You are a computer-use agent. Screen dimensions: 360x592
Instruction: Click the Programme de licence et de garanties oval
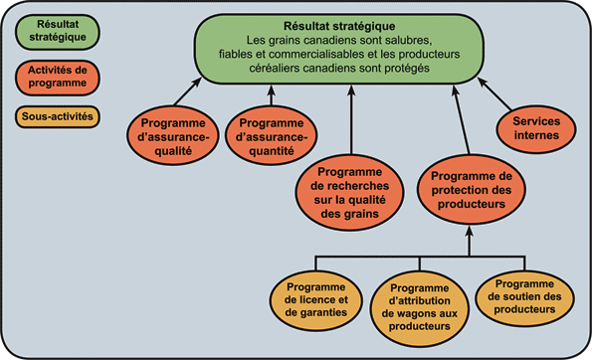(314, 299)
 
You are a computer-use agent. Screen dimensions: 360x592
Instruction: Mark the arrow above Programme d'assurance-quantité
(271, 98)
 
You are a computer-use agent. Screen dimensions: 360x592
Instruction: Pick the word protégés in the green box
(403, 70)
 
